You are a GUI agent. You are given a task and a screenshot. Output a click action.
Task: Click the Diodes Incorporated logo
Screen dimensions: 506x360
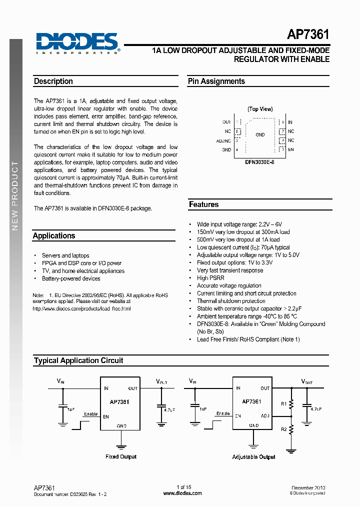77,42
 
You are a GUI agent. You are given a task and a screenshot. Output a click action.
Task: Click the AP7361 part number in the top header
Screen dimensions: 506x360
308,35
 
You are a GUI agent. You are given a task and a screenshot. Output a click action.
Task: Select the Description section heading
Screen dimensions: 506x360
53,81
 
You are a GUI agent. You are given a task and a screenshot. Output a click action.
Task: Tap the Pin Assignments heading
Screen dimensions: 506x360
216,81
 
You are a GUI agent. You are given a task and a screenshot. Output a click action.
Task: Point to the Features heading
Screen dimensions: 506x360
203,204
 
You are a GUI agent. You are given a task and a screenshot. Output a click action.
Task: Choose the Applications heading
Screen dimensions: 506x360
54,236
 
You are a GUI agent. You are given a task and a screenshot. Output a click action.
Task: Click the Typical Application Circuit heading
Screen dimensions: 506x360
78,360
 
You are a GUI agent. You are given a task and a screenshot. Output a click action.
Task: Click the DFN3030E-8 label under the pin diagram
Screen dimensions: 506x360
260,162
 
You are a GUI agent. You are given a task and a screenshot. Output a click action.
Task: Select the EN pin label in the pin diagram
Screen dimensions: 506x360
291,149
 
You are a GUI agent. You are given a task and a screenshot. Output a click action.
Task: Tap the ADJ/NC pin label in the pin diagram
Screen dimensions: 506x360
223,141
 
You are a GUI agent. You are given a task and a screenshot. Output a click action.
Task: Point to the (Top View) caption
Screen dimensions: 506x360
260,109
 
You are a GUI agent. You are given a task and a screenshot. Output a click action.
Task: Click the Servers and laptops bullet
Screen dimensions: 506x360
65,255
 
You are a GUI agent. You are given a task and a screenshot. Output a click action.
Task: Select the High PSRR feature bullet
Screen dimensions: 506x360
210,278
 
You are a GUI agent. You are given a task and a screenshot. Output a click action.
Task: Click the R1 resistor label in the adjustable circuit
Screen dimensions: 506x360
283,403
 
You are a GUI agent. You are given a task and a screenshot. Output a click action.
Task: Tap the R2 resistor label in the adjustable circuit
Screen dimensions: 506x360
283,429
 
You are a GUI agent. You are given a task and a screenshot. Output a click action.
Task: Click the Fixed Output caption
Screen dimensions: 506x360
121,456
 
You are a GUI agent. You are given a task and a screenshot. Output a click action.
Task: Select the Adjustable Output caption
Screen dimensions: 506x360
254,457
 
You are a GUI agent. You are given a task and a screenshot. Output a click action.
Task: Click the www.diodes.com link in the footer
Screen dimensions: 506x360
182,493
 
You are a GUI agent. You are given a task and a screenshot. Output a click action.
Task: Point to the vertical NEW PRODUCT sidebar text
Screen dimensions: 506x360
15,196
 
